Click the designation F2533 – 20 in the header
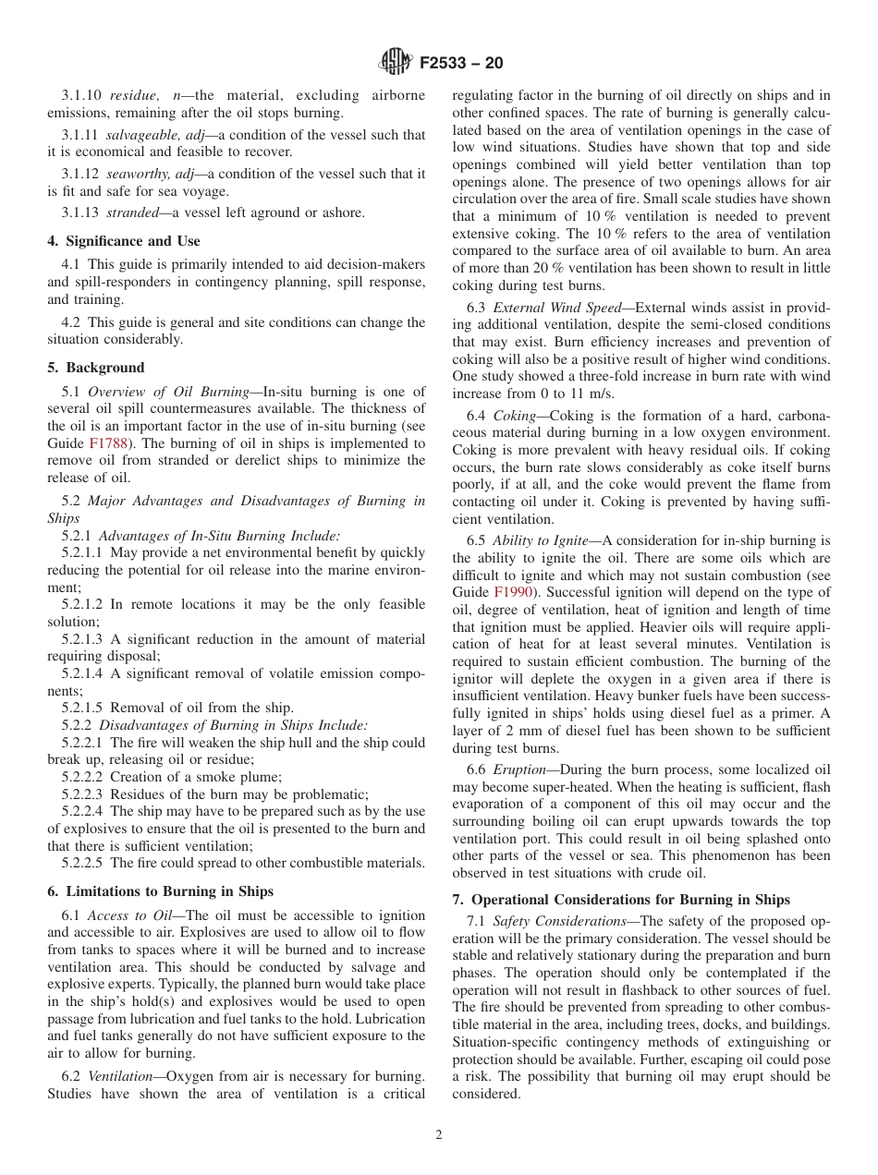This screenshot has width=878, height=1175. coord(461,64)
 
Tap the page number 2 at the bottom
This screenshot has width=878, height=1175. coord(439,1135)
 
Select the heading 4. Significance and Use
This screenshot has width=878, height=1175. coord(124,241)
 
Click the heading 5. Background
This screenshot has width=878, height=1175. coord(96,367)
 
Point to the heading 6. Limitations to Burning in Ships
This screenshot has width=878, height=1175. coord(161,891)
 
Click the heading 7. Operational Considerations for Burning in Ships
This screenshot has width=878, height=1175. coord(622,899)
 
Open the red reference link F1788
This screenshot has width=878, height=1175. coord(107,443)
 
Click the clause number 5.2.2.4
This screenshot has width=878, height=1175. coord(83,811)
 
